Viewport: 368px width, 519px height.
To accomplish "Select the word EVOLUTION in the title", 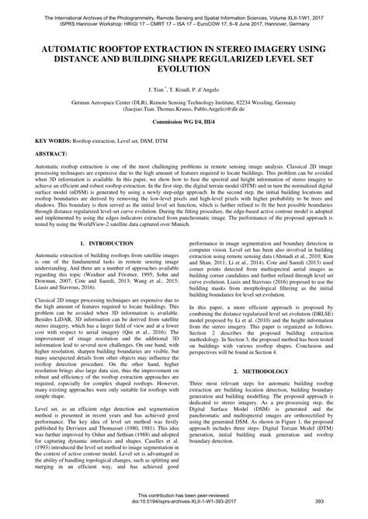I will (x=184, y=68).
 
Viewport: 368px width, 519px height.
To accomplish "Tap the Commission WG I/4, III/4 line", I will (x=184, y=124).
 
